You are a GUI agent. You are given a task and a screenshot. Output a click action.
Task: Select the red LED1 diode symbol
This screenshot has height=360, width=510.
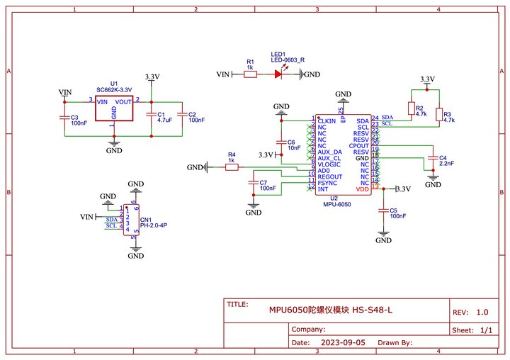click(278, 74)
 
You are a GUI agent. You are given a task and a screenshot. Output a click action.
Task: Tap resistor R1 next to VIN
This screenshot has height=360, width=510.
click(250, 74)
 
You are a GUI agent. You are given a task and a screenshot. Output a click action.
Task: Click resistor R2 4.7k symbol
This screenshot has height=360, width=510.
click(412, 108)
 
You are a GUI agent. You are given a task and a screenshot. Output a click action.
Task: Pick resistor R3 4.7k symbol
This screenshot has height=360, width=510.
click(439, 115)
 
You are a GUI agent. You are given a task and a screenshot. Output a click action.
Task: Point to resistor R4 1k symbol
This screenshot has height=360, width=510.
click(232, 167)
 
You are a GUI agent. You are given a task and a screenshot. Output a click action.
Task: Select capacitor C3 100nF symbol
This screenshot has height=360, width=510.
click(64, 118)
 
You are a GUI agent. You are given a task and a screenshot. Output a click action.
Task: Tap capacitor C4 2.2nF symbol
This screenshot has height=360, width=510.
click(432, 157)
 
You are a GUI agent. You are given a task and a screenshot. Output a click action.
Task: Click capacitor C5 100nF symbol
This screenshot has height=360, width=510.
click(383, 210)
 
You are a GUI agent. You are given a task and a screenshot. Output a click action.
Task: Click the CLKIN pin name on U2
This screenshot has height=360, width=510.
click(327, 121)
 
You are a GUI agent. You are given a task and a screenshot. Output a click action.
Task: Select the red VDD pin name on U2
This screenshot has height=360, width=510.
click(362, 189)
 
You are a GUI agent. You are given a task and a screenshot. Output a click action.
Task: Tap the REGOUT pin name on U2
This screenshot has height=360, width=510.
click(330, 176)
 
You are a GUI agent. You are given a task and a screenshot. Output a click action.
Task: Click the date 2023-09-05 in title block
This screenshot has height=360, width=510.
click(344, 342)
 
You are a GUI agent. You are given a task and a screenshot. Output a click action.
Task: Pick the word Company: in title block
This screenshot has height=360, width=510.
click(309, 329)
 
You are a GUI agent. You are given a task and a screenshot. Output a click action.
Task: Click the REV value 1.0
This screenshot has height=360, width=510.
click(482, 312)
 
